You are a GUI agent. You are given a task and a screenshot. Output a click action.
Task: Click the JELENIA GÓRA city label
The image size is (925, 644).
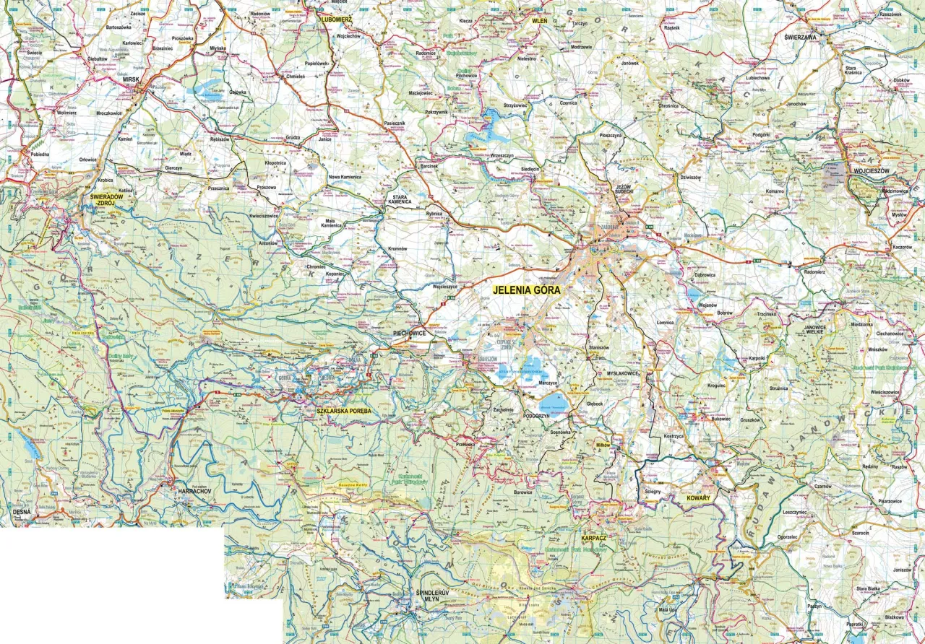click(x=526, y=290)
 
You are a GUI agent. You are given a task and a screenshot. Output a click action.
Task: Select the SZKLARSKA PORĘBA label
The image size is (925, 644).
click(x=344, y=411)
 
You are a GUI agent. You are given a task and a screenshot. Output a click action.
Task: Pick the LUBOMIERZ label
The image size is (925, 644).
click(x=336, y=20)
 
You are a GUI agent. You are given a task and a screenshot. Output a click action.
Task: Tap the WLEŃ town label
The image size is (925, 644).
click(x=540, y=21)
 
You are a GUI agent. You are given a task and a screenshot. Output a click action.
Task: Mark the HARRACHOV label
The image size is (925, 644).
click(x=194, y=491)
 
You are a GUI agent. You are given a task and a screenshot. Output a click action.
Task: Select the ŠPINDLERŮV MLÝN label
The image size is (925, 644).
click(x=434, y=595)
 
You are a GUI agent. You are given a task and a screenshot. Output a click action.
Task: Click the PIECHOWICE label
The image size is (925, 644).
click(x=409, y=334)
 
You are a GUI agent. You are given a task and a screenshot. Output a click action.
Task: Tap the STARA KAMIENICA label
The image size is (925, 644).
click(x=402, y=199)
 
